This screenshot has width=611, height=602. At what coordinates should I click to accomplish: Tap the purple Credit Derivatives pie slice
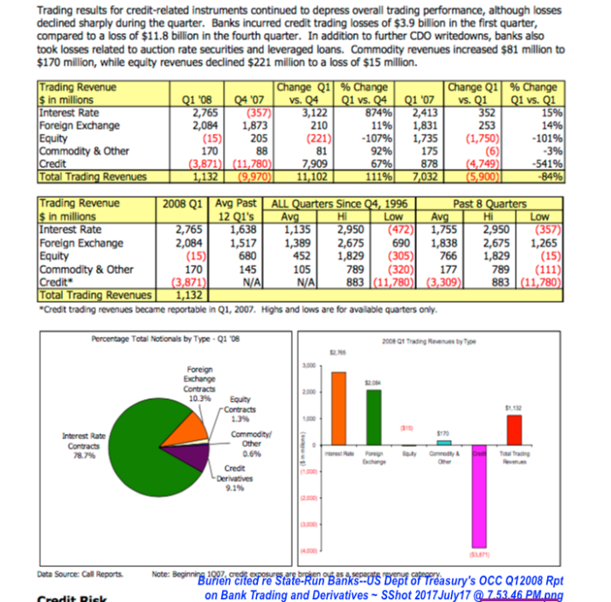198,458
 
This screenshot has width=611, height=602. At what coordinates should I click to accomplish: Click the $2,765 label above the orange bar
336,352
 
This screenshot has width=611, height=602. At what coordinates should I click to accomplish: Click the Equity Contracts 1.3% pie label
241,409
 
